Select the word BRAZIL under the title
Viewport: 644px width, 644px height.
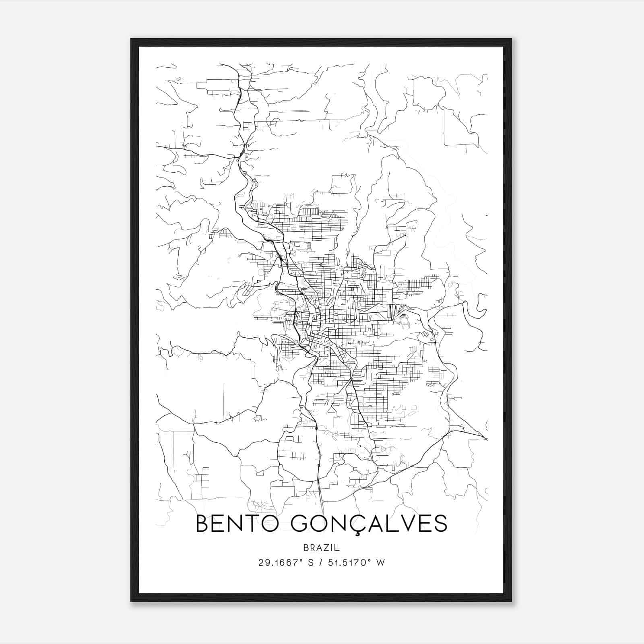[x=322, y=548]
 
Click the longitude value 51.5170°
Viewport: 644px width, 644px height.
[x=347, y=562]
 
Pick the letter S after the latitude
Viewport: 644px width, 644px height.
[x=310, y=563]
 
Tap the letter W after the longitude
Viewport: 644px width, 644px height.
[x=380, y=563]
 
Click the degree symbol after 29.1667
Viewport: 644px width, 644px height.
[x=300, y=560]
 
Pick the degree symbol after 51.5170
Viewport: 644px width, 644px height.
[x=369, y=560]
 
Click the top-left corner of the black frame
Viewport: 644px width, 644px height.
[x=131, y=39]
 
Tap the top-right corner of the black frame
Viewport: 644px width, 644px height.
[x=511, y=39]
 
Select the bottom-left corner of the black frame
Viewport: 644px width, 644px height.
[x=131, y=601]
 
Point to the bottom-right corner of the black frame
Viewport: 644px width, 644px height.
[x=511, y=601]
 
